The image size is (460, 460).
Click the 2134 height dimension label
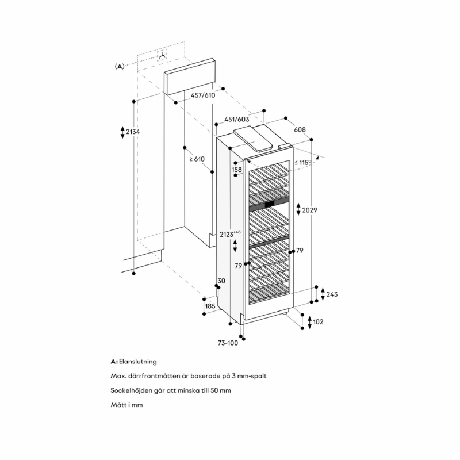point(133,132)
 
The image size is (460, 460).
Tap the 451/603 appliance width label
point(236,120)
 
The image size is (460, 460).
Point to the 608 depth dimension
point(300,130)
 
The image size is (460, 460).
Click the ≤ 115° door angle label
point(303,163)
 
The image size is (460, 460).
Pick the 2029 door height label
point(310,210)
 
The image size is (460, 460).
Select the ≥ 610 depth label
point(197,159)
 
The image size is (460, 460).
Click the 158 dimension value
point(237,170)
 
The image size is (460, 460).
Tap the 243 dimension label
point(331,294)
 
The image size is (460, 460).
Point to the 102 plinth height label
point(317,321)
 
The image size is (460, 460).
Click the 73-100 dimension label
point(227,343)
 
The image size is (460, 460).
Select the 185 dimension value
point(210,306)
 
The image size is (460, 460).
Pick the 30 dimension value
point(221,281)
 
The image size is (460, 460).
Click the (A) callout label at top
point(120,66)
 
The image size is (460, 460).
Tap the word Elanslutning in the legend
point(138,362)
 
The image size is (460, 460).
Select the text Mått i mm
point(126,405)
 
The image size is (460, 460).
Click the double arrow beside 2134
point(122,132)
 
